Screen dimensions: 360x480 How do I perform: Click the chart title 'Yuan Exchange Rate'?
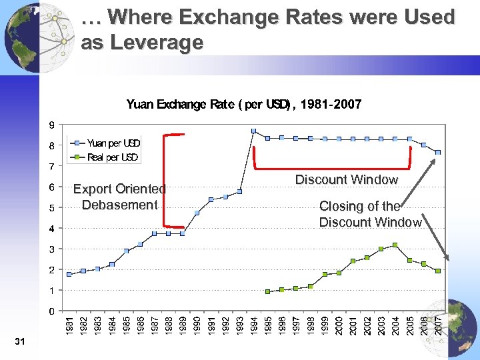(x=244, y=105)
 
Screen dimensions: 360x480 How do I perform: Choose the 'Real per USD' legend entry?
(x=112, y=157)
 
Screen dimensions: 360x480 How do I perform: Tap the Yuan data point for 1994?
(x=253, y=131)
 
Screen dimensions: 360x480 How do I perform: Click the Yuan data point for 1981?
(x=69, y=274)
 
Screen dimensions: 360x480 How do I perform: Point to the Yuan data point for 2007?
(x=438, y=152)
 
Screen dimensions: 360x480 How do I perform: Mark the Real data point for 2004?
(x=395, y=245)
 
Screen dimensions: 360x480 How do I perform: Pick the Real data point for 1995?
(x=267, y=291)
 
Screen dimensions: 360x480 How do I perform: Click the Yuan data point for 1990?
(x=197, y=213)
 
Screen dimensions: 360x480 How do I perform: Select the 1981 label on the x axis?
(x=69, y=326)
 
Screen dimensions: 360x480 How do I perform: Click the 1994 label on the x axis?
(x=253, y=326)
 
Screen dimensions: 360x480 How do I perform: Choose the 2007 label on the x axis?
(x=438, y=326)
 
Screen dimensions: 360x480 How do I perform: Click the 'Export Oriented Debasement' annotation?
(x=119, y=197)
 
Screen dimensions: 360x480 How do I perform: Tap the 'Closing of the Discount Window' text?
(x=370, y=214)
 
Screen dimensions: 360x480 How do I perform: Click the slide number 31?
(x=19, y=342)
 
